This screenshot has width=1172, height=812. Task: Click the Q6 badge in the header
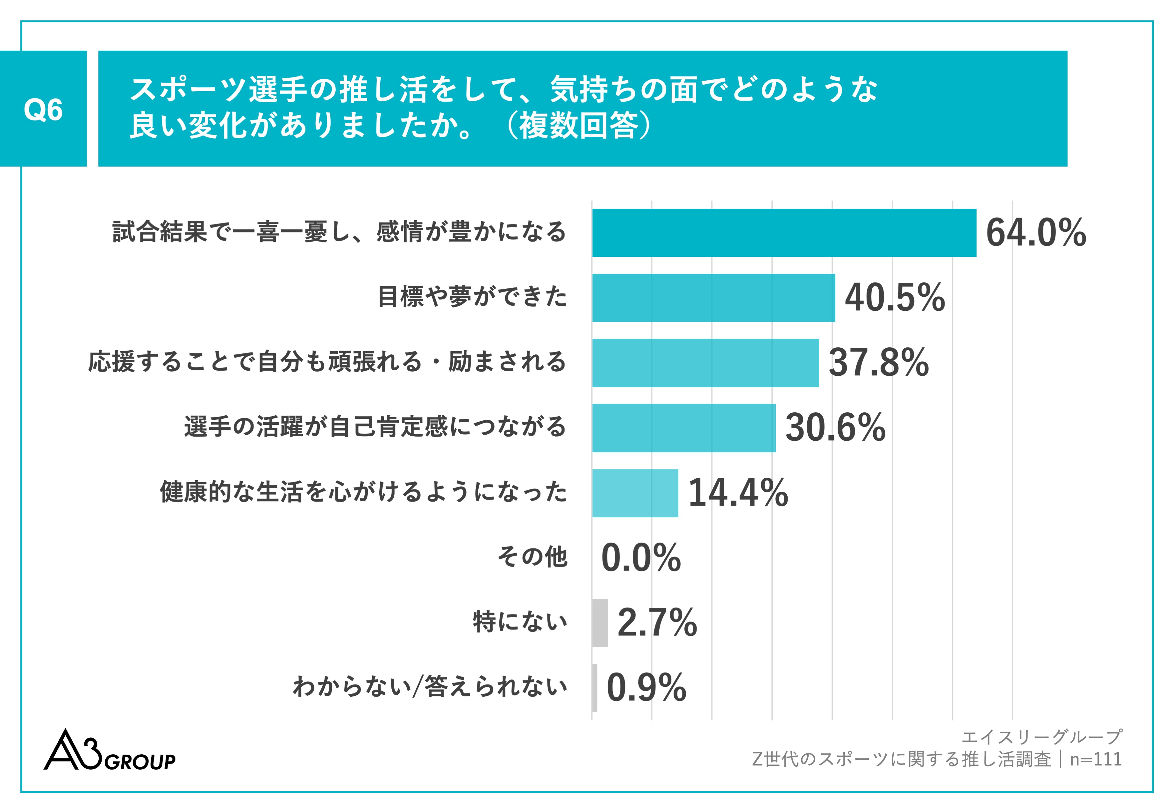click(x=43, y=109)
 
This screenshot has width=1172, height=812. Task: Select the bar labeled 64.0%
click(x=783, y=233)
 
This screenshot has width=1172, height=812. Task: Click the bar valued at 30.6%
click(x=683, y=428)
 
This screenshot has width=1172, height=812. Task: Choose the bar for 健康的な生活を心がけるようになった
click(x=634, y=493)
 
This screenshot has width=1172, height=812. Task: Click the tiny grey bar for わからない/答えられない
click(x=594, y=688)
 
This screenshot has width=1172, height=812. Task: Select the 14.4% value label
click(x=738, y=493)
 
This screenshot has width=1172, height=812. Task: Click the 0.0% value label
click(x=641, y=558)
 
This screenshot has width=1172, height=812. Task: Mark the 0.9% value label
click(x=646, y=688)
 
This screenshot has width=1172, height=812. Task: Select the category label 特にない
click(x=520, y=622)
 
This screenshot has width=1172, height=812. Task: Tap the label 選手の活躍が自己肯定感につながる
click(x=375, y=426)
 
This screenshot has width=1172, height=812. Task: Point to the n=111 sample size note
click(x=1096, y=760)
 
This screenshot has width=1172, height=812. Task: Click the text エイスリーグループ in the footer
click(x=1041, y=737)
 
